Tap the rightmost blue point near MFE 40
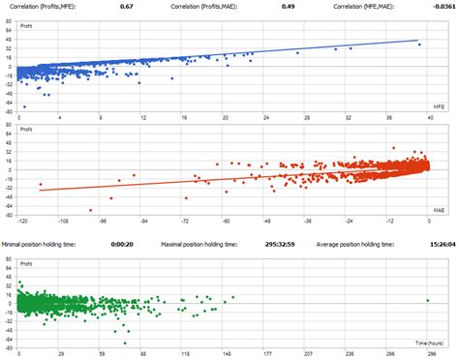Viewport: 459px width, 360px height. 417,44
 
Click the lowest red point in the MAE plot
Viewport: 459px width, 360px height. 90,210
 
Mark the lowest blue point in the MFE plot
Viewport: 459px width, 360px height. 24,106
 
